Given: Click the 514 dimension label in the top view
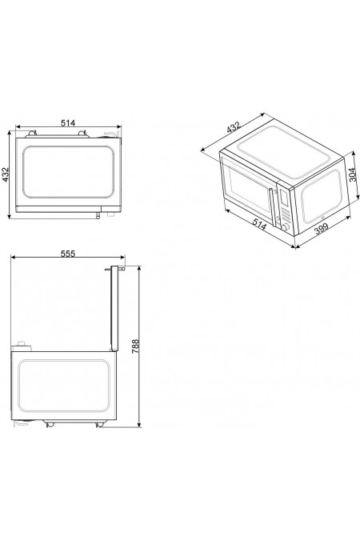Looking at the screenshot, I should [x=67, y=122].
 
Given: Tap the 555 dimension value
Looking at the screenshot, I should [x=67, y=254].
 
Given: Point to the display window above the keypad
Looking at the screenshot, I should [x=282, y=194].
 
